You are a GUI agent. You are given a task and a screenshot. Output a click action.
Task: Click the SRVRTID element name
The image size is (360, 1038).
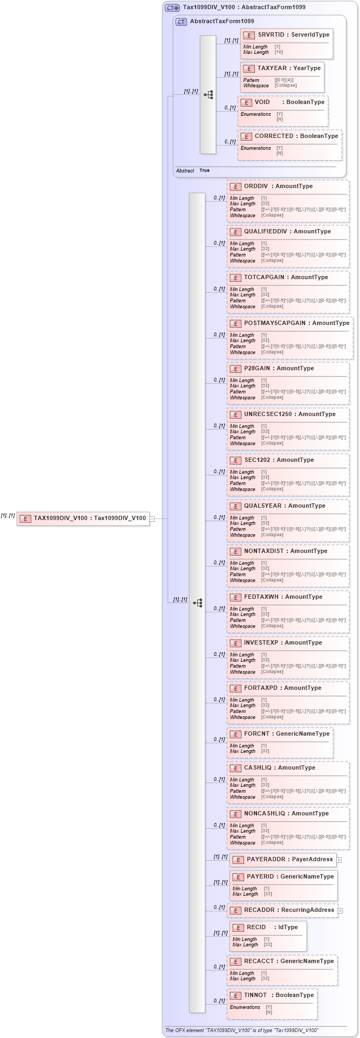pos(271,35)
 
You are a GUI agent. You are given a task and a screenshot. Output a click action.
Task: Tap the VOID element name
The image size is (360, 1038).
pos(262,102)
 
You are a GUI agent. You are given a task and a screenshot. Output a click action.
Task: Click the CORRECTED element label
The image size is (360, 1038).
pos(274,136)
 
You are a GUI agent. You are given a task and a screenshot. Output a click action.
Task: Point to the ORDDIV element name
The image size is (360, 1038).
pos(256,186)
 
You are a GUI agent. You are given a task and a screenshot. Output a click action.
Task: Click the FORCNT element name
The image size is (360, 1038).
pos(257,734)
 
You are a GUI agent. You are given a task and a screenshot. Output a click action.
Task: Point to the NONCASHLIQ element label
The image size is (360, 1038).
pos(265,814)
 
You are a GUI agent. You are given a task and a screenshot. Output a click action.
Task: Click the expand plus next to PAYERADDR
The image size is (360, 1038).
pos(339,860)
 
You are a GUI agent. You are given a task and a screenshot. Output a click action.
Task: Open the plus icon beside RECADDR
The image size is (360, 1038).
pos(341,911)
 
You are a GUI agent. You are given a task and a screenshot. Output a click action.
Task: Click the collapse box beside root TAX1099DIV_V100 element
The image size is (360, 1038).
pos(153,519)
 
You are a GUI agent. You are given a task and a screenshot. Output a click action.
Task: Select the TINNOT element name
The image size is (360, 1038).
pos(255,995)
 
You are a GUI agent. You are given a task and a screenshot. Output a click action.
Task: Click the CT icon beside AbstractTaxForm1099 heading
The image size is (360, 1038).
pos(182,22)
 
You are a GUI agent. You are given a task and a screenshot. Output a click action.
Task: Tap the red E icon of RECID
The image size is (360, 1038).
pos(238,928)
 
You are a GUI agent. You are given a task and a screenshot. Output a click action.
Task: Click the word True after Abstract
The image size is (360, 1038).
pos(204,171)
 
